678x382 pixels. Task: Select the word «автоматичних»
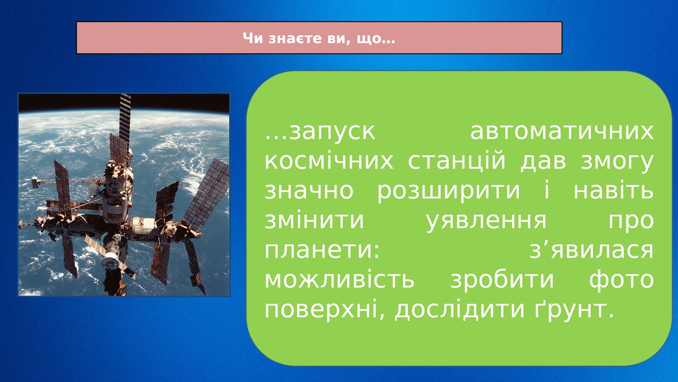coord(562,131)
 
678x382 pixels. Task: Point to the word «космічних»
coord(329,161)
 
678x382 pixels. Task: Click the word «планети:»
coord(322,250)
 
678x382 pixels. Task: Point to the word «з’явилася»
coord(591,250)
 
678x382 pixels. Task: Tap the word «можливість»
coord(339,279)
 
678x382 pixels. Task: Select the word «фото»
coord(621,279)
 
